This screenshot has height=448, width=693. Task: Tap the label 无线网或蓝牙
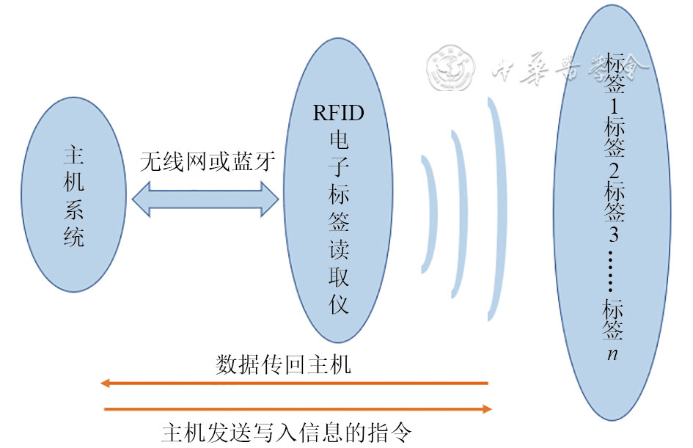coord(208,161)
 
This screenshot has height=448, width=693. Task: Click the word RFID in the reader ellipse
coord(338,114)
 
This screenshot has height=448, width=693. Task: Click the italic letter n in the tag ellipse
coord(613,354)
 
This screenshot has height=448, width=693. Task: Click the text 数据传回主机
coord(284,364)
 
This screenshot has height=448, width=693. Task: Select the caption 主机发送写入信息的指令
coord(290,430)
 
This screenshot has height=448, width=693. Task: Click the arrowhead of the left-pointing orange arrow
coord(107,383)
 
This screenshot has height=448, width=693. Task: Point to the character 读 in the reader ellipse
coord(338,249)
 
